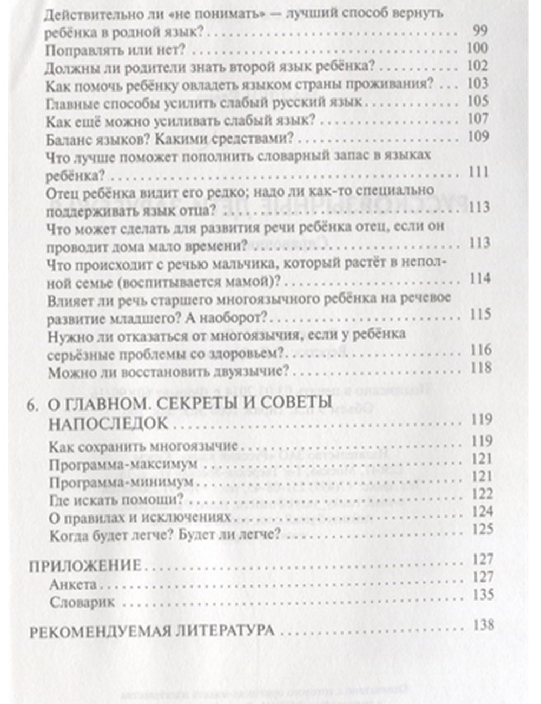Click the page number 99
coord(480,30)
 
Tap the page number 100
coord(477,48)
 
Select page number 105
coord(477,101)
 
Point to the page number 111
coord(478,172)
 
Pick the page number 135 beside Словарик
coord(483,595)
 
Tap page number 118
coord(480,367)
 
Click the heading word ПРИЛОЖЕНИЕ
coord(84,566)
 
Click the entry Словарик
coord(82,602)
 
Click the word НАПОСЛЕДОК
coord(108,424)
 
